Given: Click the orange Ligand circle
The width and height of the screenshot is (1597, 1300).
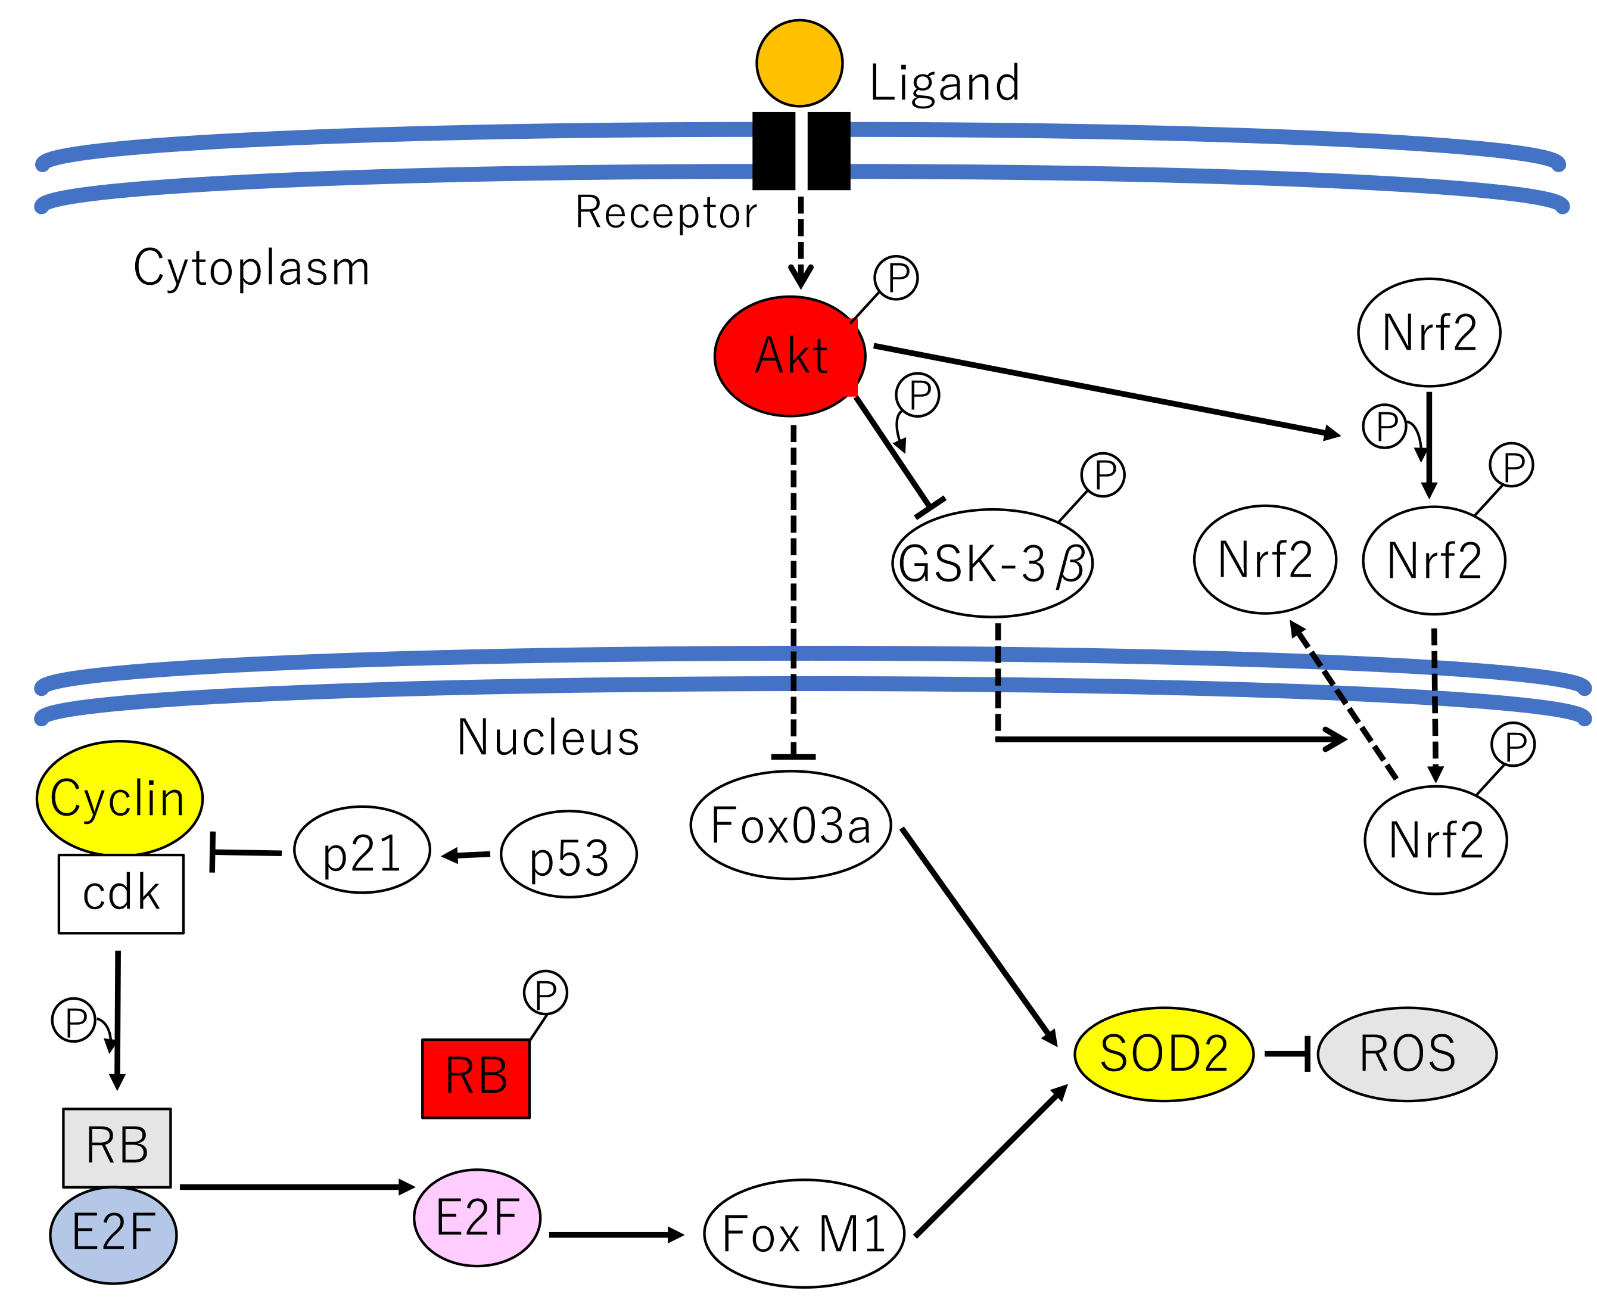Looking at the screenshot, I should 799,63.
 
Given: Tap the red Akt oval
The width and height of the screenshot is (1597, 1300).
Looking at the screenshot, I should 790,356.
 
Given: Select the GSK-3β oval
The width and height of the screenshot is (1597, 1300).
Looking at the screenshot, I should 992,563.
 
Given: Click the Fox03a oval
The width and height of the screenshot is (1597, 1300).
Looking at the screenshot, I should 790,825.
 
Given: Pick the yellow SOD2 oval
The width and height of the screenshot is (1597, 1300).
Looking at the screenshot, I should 1163,1055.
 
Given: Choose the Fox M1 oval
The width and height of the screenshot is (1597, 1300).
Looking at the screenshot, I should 804,1233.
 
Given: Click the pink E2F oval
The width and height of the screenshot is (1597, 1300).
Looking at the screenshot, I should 477,1217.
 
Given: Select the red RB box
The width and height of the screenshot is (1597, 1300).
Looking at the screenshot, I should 475,1078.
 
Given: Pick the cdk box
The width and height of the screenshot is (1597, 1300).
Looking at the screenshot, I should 122,893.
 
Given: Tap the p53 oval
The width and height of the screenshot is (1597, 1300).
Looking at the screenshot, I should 568,854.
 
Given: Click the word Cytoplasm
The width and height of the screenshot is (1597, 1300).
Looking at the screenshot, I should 251,268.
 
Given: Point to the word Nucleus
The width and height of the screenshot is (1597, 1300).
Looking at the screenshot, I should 548,738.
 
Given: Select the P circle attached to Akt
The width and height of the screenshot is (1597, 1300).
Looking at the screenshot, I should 896,278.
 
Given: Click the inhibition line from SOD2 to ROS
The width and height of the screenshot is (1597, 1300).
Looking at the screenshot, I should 1286,1053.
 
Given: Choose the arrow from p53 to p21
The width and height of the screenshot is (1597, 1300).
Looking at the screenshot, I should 466,854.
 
